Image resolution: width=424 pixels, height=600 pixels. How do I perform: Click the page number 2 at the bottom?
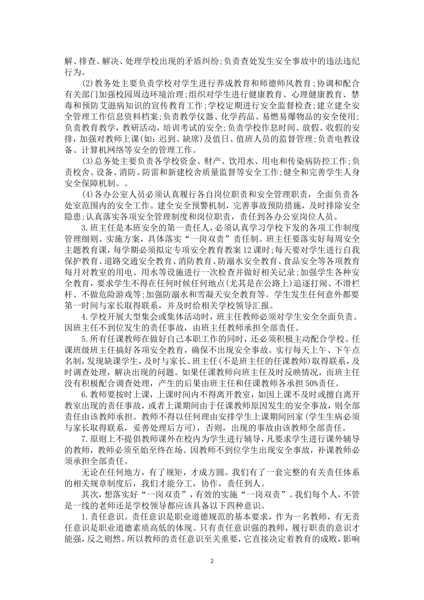tap(212, 561)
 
